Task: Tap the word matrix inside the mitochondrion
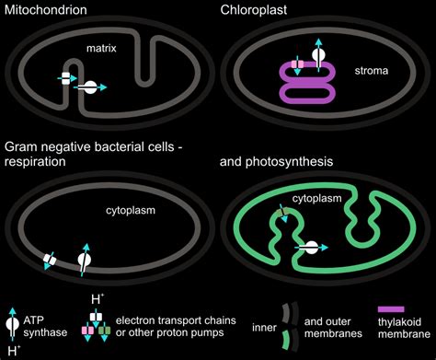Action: (x=102, y=47)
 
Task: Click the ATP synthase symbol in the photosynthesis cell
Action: (x=312, y=249)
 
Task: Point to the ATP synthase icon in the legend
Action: (x=12, y=323)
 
